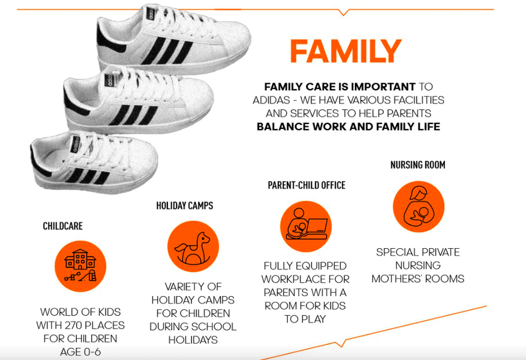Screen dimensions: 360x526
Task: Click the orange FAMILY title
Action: [x=345, y=52]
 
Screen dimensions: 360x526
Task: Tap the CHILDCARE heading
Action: [x=63, y=226]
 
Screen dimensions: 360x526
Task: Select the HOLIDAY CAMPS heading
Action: [x=184, y=206]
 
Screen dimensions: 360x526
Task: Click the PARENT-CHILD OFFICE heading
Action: [x=306, y=185]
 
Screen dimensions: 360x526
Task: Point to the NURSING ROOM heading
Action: [x=418, y=165]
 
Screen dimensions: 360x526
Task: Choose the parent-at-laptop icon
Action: [x=306, y=226]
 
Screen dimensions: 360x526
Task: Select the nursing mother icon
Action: [x=418, y=207]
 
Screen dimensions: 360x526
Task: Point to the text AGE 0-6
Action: [x=80, y=351]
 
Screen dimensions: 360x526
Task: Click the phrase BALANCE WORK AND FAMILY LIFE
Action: [x=349, y=127]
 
